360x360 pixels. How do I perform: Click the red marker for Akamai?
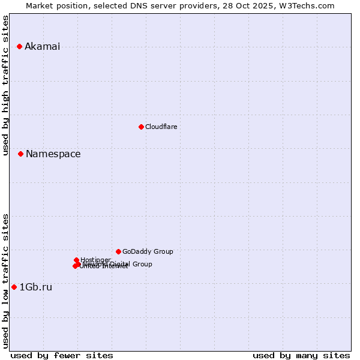point(20,46)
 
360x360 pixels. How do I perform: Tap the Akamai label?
point(42,47)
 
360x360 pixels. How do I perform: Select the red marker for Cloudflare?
point(141,127)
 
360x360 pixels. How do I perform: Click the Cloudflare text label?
point(161,127)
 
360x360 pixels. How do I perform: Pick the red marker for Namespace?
point(20,154)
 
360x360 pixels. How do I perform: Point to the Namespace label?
point(53,154)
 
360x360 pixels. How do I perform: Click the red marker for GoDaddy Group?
point(118,251)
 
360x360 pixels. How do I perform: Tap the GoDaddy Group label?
point(147,251)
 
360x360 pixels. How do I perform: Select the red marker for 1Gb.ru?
point(14,287)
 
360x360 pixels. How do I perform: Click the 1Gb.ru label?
point(35,287)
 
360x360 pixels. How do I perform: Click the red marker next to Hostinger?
point(77,260)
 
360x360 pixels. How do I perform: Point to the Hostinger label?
point(95,260)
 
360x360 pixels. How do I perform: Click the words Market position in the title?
point(55,5)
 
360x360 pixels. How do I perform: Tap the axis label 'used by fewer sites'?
point(62,355)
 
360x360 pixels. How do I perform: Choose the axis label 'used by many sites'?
point(301,355)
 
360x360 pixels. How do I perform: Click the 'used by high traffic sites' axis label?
point(5,85)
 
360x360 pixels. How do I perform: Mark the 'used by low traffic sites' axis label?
point(5,280)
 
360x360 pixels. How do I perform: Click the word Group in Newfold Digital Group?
point(142,264)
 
